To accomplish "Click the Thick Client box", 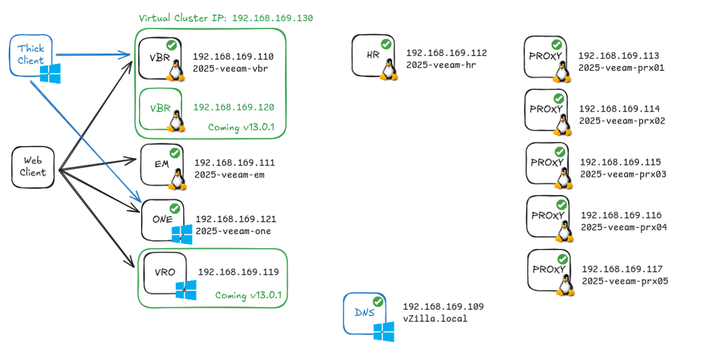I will pyautogui.click(x=31, y=54).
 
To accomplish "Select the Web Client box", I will pyautogui.click(x=33, y=167).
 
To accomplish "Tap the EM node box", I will pyautogui.click(x=161, y=165).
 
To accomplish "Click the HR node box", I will pyautogui.click(x=373, y=56).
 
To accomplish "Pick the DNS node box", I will pyautogui.click(x=364, y=313).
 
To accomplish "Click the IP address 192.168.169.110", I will pyautogui.click(x=233, y=57).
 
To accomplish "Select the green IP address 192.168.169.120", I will pyautogui.click(x=234, y=107).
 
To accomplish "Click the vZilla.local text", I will pyautogui.click(x=435, y=319).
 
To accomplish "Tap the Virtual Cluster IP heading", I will pyautogui.click(x=226, y=18).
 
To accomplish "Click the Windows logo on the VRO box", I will pyautogui.click(x=186, y=290).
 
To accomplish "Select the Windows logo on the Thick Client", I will pyautogui.click(x=50, y=74).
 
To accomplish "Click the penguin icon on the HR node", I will pyautogui.click(x=388, y=70).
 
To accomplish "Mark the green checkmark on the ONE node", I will pyautogui.click(x=175, y=209).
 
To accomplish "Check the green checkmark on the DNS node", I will pyautogui.click(x=378, y=302).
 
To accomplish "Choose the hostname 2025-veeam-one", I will pyautogui.click(x=233, y=231).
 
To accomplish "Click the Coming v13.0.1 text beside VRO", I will pyautogui.click(x=248, y=295).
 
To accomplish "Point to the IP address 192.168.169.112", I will pyautogui.click(x=446, y=53).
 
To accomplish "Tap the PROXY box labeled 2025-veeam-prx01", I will pyautogui.click(x=545, y=57).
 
